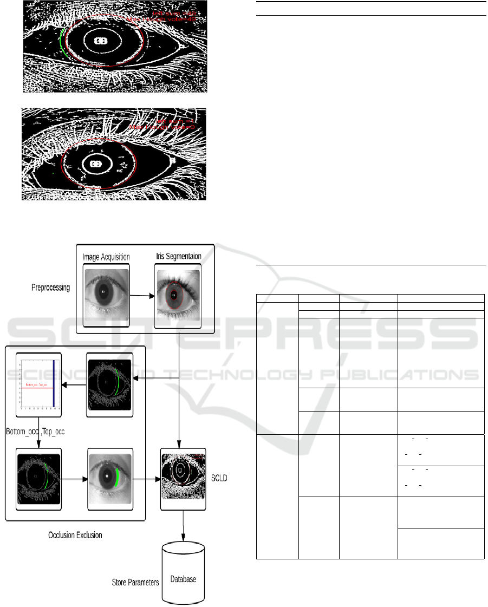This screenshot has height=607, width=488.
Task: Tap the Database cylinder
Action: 185,578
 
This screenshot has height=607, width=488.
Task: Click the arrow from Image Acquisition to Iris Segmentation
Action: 141,296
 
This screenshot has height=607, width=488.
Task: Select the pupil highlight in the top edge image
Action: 100,41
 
